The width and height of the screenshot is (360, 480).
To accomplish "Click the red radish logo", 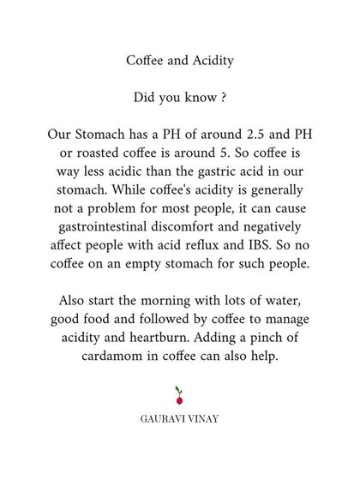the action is [179, 396].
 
